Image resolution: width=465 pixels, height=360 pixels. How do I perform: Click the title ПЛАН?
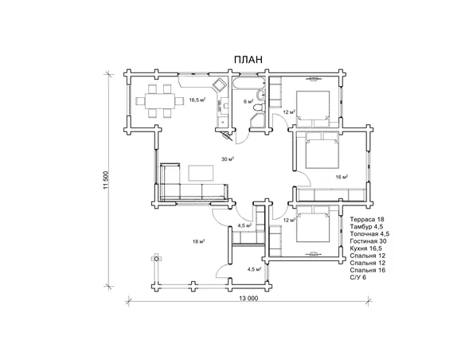point(248,60)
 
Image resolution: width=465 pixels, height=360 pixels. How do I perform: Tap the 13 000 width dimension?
point(248,299)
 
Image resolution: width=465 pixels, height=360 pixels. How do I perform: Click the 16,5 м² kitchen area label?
point(197,100)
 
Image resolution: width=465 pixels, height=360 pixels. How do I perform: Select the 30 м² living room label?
point(228,159)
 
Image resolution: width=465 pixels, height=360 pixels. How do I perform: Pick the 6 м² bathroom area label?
point(248,101)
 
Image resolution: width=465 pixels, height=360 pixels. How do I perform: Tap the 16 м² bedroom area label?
point(342,177)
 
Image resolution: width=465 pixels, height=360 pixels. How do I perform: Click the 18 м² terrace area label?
point(199,241)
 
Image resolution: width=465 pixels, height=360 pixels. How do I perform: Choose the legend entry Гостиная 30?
point(368,241)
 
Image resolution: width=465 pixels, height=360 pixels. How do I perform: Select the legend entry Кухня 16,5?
point(366,248)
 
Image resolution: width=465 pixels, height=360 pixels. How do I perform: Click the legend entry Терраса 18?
point(367,220)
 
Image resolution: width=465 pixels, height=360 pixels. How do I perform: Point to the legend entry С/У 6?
point(358,277)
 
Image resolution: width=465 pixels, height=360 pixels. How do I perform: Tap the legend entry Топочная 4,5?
point(369,234)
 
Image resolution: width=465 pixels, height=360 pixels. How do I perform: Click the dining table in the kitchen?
point(160,101)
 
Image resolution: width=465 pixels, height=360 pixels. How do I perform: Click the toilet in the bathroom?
point(258,107)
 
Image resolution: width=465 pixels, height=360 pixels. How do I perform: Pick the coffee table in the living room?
point(201,173)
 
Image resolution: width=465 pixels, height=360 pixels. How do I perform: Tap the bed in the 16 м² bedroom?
point(322,150)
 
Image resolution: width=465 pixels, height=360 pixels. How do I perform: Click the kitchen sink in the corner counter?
point(220,84)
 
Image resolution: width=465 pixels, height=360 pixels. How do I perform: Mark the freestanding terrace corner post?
point(156,259)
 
